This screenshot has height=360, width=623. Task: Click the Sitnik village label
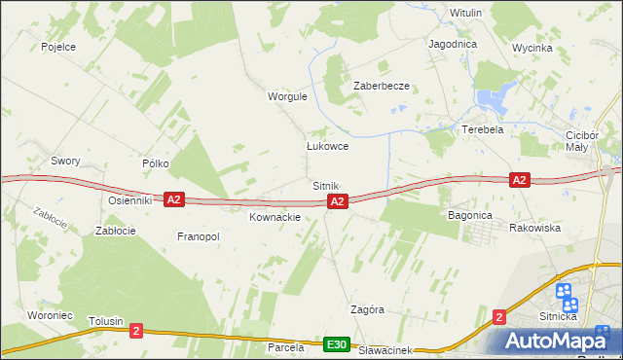pyautogui.click(x=325, y=185)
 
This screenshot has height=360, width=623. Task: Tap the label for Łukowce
pyautogui.click(x=327, y=147)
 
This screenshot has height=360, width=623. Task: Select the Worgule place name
pyautogui.click(x=287, y=97)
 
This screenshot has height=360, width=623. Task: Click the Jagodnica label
pyautogui.click(x=452, y=45)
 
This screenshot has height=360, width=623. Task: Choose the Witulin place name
pyautogui.click(x=466, y=13)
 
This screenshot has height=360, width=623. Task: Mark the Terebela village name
pyautogui.click(x=482, y=129)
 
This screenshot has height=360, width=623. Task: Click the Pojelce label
pyautogui.click(x=58, y=46)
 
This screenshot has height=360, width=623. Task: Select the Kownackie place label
pyautogui.click(x=275, y=217)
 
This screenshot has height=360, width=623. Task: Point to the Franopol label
pyautogui.click(x=198, y=236)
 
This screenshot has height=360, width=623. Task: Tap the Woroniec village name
pyautogui.click(x=48, y=288)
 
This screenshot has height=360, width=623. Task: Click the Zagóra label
pyautogui.click(x=367, y=309)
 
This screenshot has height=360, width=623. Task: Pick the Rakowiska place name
pyautogui.click(x=534, y=228)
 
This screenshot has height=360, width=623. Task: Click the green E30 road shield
pyautogui.click(x=337, y=345)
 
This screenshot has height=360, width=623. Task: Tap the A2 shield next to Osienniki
pyautogui.click(x=173, y=199)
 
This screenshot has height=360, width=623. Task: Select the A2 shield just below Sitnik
pyautogui.click(x=337, y=201)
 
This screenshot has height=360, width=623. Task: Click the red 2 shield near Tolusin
pyautogui.click(x=135, y=331)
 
